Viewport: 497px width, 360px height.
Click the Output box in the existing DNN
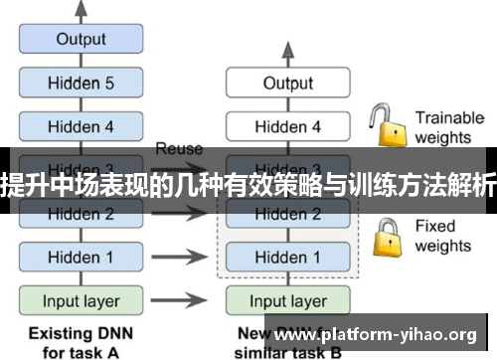81,40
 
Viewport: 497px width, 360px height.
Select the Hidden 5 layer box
81,84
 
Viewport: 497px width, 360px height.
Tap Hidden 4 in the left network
81,126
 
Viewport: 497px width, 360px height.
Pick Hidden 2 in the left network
81,214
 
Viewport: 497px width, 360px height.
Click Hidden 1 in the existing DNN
81,257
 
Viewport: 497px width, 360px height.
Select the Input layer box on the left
81,300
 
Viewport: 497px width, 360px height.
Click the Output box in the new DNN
287,84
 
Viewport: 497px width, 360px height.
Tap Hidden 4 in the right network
287,126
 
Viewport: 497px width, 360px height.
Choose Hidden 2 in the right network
287,214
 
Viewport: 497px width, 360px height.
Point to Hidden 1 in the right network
287,257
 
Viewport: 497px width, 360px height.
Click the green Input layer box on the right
287,300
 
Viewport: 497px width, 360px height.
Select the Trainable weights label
449,126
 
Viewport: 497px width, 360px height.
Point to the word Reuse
179,148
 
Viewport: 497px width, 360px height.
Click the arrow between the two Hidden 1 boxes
185,257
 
